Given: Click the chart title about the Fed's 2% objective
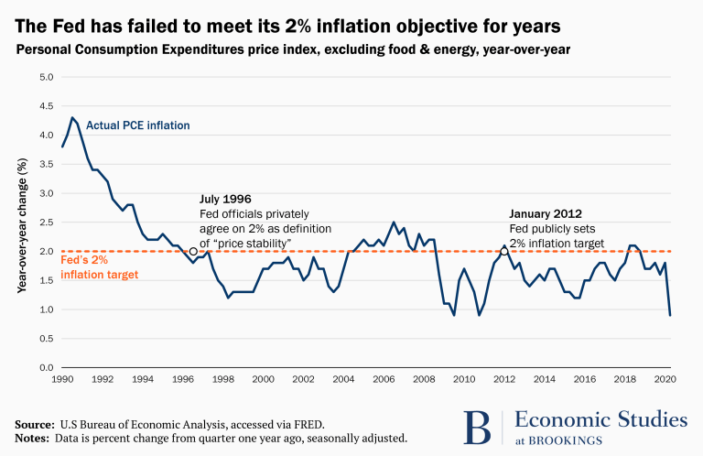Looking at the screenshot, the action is click(287, 26).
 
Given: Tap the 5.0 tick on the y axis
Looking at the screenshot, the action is click(46, 77).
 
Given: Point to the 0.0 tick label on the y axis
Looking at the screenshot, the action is click(46, 368).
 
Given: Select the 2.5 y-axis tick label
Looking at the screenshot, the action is click(46, 223).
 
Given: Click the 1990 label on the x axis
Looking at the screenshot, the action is click(62, 379).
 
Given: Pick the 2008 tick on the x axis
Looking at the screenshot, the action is click(424, 379).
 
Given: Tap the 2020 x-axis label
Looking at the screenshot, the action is click(665, 379).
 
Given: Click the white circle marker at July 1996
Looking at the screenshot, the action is click(193, 252).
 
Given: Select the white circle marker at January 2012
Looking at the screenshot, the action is click(504, 252).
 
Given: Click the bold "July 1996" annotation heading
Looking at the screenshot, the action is click(225, 199).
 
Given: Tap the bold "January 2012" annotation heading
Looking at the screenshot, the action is click(546, 214).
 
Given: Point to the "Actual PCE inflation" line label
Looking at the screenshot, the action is click(137, 125).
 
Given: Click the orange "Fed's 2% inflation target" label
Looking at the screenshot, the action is click(100, 267).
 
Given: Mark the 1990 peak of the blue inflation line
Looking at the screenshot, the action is click(71, 117).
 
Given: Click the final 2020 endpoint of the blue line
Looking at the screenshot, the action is click(670, 315).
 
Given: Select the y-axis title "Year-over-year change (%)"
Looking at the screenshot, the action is click(22, 225).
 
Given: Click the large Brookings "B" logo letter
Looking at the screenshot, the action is click(477, 428).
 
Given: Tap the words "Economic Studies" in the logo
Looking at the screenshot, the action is click(600, 419).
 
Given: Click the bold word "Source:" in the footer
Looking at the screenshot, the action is click(35, 424).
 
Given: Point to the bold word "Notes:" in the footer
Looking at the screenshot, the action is click(32, 438).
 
